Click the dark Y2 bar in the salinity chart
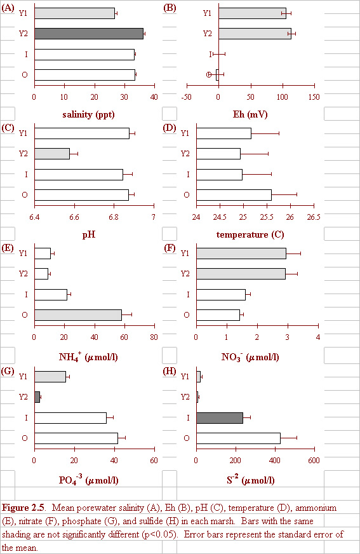tap(89, 34)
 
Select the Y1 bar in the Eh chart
tap(252, 13)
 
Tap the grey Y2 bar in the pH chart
tap(52, 154)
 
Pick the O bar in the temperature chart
tap(234, 195)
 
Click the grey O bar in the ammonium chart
tap(78, 315)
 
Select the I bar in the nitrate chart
tap(221, 295)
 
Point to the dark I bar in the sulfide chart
tap(220, 417)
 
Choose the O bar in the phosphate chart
tap(76, 438)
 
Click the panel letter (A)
tap(8, 8)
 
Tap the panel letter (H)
tap(170, 371)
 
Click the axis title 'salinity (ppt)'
tap(89, 114)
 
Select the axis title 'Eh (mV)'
tap(250, 114)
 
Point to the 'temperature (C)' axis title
tap(250, 234)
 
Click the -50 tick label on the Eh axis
tap(187, 97)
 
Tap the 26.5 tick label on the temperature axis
tap(314, 217)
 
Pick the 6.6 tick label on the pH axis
tap(74, 217)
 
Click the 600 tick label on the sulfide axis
tap(314, 461)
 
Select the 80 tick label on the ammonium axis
tap(154, 337)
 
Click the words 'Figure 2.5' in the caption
tap(23, 508)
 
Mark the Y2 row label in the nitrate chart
tap(185, 274)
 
